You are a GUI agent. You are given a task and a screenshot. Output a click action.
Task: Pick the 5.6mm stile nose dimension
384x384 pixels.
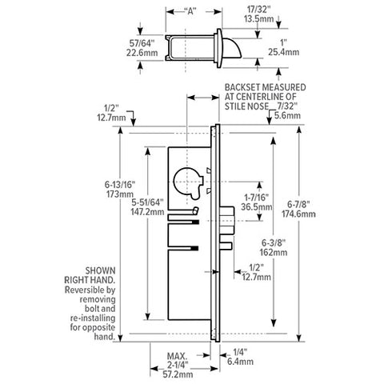286,115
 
